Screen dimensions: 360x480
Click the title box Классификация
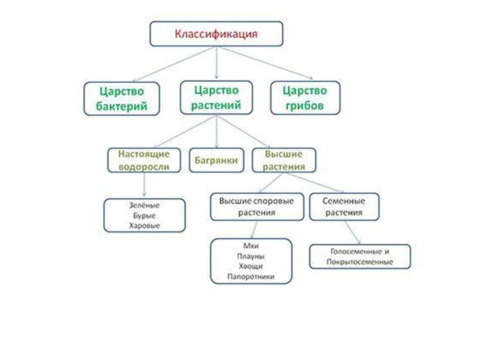tap(216, 34)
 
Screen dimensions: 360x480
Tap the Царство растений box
tap(216, 97)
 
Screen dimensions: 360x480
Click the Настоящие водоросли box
tap(143, 160)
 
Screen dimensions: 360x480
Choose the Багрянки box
tap(217, 160)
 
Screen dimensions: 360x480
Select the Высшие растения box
tap(284, 160)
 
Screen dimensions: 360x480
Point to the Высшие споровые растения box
tap(256, 206)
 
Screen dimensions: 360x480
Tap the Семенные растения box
tap(344, 206)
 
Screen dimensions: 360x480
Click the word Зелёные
tap(144, 206)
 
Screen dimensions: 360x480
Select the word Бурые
tap(144, 215)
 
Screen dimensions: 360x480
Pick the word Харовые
tap(144, 226)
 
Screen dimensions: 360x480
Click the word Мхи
tap(251, 247)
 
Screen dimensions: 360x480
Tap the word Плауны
tap(251, 256)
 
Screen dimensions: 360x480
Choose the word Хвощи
tap(251, 266)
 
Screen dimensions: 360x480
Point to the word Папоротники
tap(251, 277)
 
